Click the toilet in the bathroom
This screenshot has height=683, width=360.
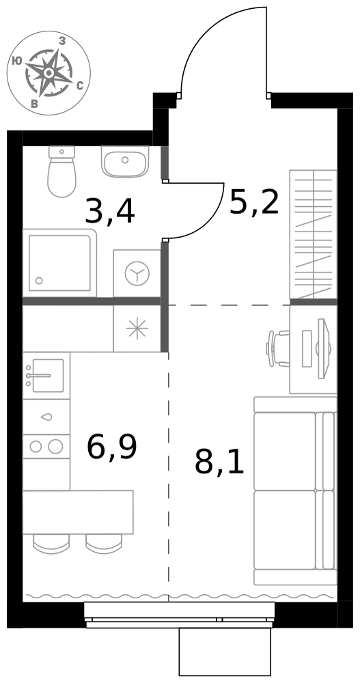coord(62,171)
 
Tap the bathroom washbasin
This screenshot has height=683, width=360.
coord(125,162)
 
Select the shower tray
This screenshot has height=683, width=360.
coord(59,263)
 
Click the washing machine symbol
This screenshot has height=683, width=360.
coord(137,274)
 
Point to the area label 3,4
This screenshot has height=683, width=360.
coord(110,211)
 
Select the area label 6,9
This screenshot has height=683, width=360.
coord(112,447)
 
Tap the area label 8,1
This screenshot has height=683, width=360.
coord(219,462)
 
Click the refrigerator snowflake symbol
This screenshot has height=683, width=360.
coord(137,329)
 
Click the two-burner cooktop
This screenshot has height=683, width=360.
coord(46,447)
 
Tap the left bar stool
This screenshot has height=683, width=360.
coord(51,544)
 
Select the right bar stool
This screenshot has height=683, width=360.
coord(104,544)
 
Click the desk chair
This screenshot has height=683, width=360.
coord(278,348)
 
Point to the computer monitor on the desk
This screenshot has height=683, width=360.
coord(323,348)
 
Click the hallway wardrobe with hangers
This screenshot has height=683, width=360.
coord(314,234)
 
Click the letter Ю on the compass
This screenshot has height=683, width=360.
coord(18,61)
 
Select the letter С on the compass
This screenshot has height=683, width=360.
coord(80,86)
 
